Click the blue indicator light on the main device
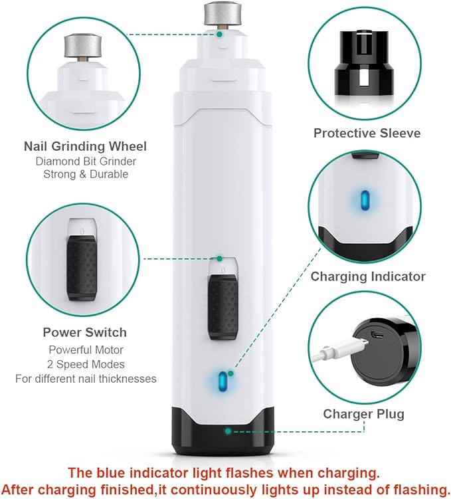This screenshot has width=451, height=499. pos(223,383)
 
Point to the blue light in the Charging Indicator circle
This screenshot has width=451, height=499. pos(363,199)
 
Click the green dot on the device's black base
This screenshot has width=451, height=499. pos(228,431)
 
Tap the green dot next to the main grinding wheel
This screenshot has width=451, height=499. pos(220,33)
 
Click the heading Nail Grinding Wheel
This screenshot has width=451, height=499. pos(85,146)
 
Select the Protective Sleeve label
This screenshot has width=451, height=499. pos(367,133)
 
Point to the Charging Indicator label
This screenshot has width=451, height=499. pos(368,276)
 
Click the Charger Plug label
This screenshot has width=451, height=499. pos(363,414)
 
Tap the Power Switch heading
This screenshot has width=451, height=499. pos(84,332)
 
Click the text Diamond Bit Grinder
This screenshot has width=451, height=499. pos(85,161)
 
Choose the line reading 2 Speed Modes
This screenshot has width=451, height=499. pos(85,364)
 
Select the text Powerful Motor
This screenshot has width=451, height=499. pos(85,349)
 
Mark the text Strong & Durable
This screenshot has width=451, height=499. pos(85,174)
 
